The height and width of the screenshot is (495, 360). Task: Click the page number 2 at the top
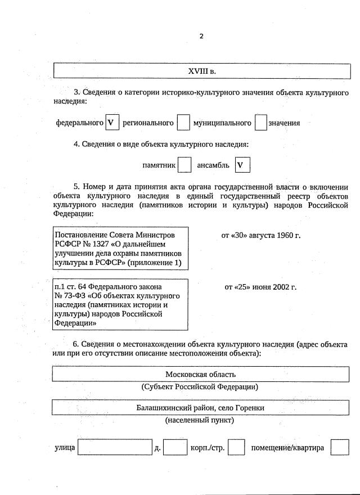tap(201, 37)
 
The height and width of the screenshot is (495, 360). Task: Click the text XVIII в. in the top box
tap(202, 71)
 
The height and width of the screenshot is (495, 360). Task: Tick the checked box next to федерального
tap(112, 123)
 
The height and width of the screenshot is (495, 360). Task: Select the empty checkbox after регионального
tap(183, 123)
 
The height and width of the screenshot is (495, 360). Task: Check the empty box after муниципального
tap(260, 123)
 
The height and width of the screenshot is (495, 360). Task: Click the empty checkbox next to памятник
tap(184, 165)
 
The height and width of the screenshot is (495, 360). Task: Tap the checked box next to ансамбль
tap(242, 165)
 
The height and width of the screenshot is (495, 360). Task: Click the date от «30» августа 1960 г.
tap(261, 235)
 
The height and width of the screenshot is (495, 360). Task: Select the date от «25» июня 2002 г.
tap(260, 287)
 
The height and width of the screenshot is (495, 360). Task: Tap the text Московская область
tap(201, 374)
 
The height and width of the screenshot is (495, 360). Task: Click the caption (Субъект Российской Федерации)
tap(200, 387)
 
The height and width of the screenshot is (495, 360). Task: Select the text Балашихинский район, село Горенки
tap(201, 407)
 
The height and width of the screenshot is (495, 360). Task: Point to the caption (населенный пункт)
tap(200, 420)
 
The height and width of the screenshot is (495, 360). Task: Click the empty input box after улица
tap(115, 447)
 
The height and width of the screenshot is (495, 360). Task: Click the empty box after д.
tap(175, 447)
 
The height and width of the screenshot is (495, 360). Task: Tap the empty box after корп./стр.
tap(236, 447)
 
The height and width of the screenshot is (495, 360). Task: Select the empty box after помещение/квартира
tap(340, 447)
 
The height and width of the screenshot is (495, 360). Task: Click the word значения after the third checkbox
tap(284, 123)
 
